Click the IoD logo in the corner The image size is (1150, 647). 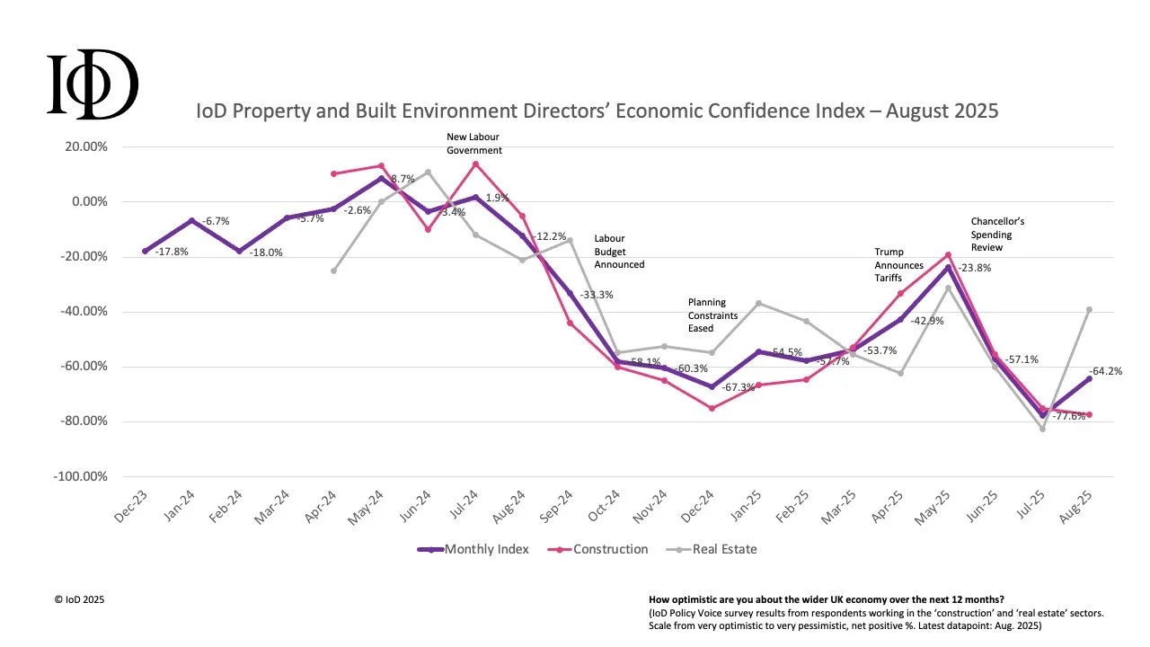tap(93, 85)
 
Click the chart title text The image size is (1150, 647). tap(597, 111)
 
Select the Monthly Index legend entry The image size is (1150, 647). tap(473, 549)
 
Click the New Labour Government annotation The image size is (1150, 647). tap(473, 144)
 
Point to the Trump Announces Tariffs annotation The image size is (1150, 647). tap(898, 265)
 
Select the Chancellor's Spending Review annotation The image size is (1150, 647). tap(997, 234)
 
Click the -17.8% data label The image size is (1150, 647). tap(172, 252)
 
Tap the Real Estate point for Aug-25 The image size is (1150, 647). tap(1090, 309)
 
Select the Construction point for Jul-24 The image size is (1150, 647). tap(475, 164)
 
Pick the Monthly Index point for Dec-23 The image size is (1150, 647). tap(145, 251)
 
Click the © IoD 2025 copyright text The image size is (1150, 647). tap(80, 598)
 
